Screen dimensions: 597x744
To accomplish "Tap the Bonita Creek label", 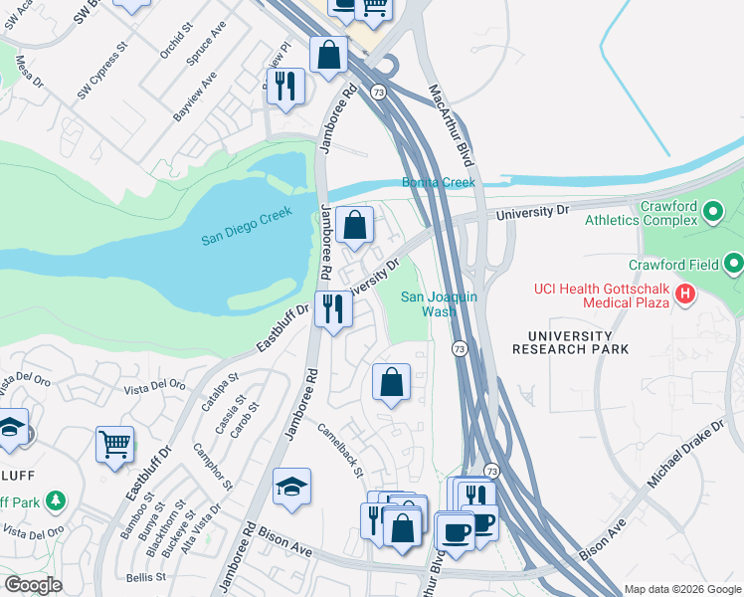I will pos(439,182).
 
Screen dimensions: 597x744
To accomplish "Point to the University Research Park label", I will pos(571,342).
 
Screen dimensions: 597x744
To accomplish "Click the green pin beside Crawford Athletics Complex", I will pos(711,212).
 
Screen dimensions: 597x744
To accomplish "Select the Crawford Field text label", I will pos(672,265).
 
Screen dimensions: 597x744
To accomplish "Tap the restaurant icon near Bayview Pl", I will pos(284,86).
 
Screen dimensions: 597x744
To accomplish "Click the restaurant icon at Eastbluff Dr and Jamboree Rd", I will pos(334,308).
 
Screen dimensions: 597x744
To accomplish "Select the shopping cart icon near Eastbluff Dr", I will pos(114,445).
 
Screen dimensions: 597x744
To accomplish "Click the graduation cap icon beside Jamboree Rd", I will pos(291,487).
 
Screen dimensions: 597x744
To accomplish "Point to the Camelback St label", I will pos(340,451).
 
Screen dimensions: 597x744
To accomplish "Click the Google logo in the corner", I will pos(33,585).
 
